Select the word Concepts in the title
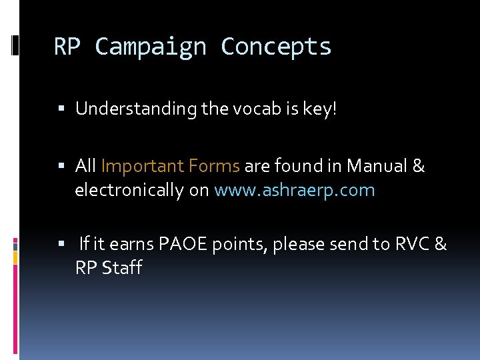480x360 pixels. point(276,47)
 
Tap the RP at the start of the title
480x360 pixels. point(67,47)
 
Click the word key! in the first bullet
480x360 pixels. point(321,109)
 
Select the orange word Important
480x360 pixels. point(143,166)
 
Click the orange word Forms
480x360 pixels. point(214,166)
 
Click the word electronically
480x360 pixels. point(129,191)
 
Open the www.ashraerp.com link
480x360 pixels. point(294,191)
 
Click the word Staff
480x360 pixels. point(122,268)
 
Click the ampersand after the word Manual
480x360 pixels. point(418,166)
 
